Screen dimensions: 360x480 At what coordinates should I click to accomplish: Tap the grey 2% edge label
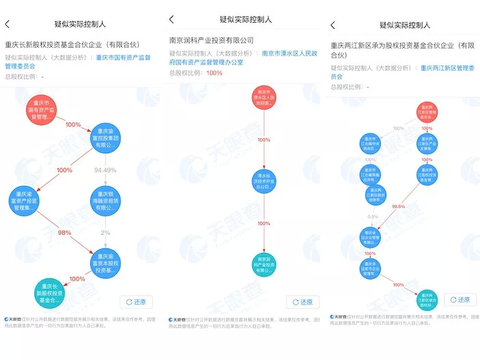click(x=105, y=233)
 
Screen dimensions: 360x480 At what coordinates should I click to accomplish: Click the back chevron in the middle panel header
click(x=171, y=20)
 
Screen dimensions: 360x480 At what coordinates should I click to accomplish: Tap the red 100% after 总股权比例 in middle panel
click(x=214, y=73)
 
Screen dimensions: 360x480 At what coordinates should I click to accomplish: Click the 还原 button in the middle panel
click(x=300, y=302)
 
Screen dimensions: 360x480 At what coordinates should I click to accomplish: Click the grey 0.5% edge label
click(x=373, y=217)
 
